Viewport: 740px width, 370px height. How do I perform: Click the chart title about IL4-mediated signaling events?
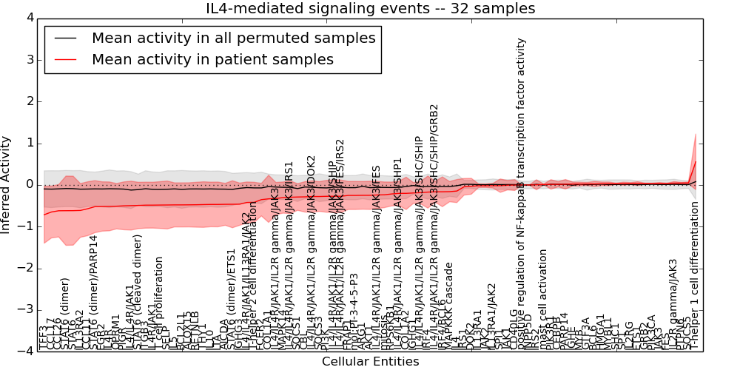tap(370, 9)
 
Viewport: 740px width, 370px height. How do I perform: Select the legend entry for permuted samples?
tap(233, 38)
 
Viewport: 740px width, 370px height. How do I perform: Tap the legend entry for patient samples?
tap(212, 59)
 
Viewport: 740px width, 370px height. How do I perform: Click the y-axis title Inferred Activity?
tap(7, 184)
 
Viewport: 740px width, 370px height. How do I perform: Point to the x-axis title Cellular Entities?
tap(370, 362)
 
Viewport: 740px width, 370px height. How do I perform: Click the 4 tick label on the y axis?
tap(29, 18)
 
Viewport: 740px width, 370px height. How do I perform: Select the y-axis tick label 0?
tap(29, 184)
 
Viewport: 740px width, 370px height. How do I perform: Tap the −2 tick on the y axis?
tap(26, 268)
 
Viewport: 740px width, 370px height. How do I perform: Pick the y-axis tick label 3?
tap(29, 59)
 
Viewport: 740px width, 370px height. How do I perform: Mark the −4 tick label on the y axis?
tap(26, 351)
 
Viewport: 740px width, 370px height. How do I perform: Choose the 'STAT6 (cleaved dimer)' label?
tap(138, 292)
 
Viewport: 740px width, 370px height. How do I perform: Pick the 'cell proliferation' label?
tap(160, 303)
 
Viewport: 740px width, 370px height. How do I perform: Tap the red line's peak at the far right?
tap(696, 161)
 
